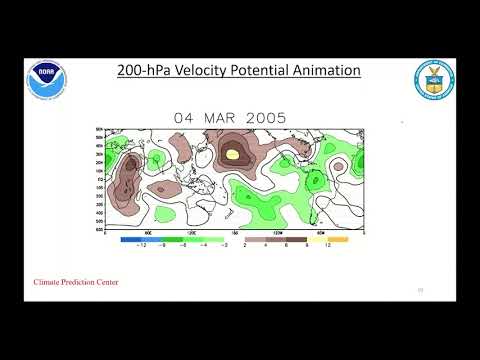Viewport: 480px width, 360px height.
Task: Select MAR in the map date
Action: (x=226, y=116)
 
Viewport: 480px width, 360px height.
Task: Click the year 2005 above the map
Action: (x=269, y=116)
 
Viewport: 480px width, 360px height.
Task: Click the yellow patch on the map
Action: (x=234, y=155)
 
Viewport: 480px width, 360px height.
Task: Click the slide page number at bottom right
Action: (x=420, y=288)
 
